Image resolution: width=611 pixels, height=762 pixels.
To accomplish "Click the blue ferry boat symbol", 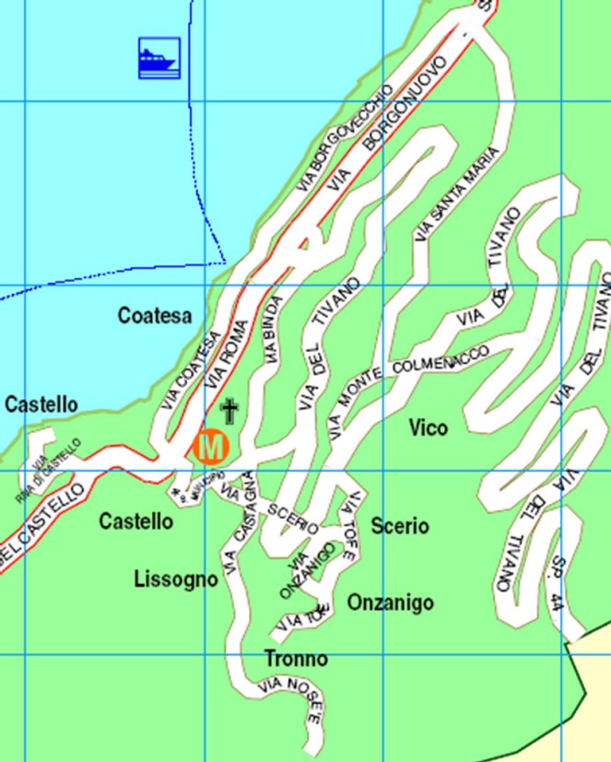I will tap(158, 58).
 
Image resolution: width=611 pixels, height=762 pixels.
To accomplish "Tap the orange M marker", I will tap(211, 447).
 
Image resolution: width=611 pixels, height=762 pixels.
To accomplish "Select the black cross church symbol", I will tap(229, 410).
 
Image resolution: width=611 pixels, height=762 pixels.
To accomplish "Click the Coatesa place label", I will tap(155, 316).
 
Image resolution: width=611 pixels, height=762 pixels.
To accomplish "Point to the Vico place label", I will tap(429, 428).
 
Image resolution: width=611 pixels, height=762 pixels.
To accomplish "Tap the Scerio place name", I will tap(400, 526).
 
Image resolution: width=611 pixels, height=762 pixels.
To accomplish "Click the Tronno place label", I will tap(296, 660).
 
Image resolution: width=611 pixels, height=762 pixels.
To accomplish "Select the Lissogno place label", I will tap(176, 579).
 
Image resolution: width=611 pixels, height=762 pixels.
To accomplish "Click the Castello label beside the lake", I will tap(41, 404).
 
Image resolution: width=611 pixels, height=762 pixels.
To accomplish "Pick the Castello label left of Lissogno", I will tap(135, 522).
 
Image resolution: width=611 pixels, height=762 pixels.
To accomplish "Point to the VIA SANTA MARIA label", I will tap(457, 193).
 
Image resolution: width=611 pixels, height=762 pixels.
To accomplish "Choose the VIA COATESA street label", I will tap(192, 370).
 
